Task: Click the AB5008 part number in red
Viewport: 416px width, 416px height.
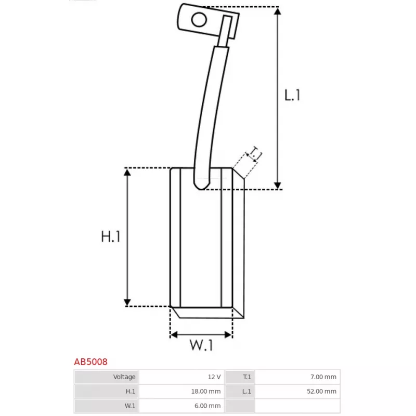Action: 90,361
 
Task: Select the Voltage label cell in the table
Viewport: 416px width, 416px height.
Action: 107,376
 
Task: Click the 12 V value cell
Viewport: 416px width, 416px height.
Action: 181,376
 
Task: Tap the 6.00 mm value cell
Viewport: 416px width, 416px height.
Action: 181,406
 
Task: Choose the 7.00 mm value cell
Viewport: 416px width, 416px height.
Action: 297,376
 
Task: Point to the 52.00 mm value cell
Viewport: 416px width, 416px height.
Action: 297,392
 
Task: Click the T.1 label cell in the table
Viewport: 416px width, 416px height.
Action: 240,376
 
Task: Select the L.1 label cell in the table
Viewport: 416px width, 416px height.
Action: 240,392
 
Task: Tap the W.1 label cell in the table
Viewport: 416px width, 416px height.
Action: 107,406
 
